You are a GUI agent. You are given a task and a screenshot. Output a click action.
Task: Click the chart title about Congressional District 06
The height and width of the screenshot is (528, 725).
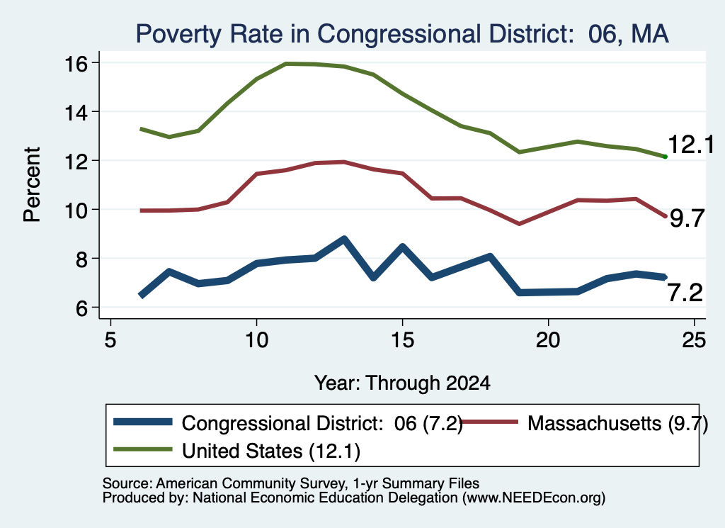[402, 34]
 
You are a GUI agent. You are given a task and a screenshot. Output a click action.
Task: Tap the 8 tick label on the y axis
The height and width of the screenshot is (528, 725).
[81, 259]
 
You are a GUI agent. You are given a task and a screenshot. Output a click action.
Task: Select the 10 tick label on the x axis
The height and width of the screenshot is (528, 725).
[256, 340]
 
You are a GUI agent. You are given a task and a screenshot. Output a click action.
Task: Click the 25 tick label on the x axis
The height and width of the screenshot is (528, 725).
[694, 340]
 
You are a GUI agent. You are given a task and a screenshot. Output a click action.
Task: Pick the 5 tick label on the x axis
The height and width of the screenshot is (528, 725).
[110, 340]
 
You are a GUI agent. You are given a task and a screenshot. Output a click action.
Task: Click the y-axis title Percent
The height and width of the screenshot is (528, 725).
[32, 184]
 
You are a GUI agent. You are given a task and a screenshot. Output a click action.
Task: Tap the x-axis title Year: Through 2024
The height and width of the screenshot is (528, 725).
[402, 383]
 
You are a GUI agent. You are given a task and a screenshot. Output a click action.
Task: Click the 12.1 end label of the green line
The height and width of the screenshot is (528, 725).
[691, 145]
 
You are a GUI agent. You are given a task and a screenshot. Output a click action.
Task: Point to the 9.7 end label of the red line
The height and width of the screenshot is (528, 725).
[687, 218]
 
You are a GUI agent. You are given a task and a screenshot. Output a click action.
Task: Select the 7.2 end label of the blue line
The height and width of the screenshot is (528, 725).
[685, 293]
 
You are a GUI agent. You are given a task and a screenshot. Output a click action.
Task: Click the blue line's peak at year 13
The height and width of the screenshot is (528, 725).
[344, 239]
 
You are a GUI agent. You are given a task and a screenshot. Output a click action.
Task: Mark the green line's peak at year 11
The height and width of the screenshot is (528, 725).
[286, 63]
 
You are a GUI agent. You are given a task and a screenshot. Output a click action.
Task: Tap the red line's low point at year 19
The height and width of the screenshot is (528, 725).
[519, 224]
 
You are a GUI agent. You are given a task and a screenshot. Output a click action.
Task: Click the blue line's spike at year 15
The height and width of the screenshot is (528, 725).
[402, 247]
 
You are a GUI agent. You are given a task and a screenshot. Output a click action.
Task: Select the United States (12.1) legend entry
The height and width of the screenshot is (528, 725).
[236, 450]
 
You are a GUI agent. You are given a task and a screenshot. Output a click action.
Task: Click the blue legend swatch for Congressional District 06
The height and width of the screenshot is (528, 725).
[143, 422]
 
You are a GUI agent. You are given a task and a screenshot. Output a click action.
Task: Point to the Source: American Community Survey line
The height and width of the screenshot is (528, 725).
[291, 483]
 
